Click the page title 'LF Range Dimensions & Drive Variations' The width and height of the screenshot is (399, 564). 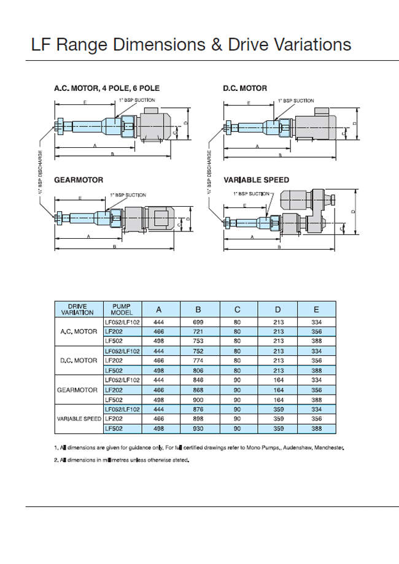pyautogui.click(x=191, y=45)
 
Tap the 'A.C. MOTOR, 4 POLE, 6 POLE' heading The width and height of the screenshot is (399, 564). pyautogui.click(x=107, y=88)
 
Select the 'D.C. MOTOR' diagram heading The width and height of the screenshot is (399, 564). pyautogui.click(x=245, y=88)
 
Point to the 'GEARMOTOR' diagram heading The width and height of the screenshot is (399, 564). pyautogui.click(x=79, y=180)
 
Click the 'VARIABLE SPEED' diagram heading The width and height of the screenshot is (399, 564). pyautogui.click(x=256, y=180)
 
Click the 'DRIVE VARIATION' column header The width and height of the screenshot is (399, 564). pyautogui.click(x=77, y=309)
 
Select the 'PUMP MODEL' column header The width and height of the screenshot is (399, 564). pyautogui.click(x=122, y=309)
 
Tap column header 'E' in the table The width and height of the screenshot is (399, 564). pyautogui.click(x=316, y=309)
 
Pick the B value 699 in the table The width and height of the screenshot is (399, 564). pyautogui.click(x=198, y=322)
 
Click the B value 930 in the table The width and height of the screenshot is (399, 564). pyautogui.click(x=198, y=428)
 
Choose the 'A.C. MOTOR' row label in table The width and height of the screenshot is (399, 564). pyautogui.click(x=77, y=331)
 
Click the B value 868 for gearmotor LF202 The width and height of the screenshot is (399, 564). pyautogui.click(x=198, y=390)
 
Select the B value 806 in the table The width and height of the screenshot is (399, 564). pyautogui.click(x=198, y=370)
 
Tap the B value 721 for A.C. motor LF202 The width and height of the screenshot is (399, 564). pyautogui.click(x=198, y=331)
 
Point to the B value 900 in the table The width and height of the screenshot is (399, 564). pyautogui.click(x=198, y=400)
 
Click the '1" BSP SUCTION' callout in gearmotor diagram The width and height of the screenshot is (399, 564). pyautogui.click(x=128, y=195)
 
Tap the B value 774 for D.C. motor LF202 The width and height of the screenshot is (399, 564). pyautogui.click(x=198, y=360)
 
